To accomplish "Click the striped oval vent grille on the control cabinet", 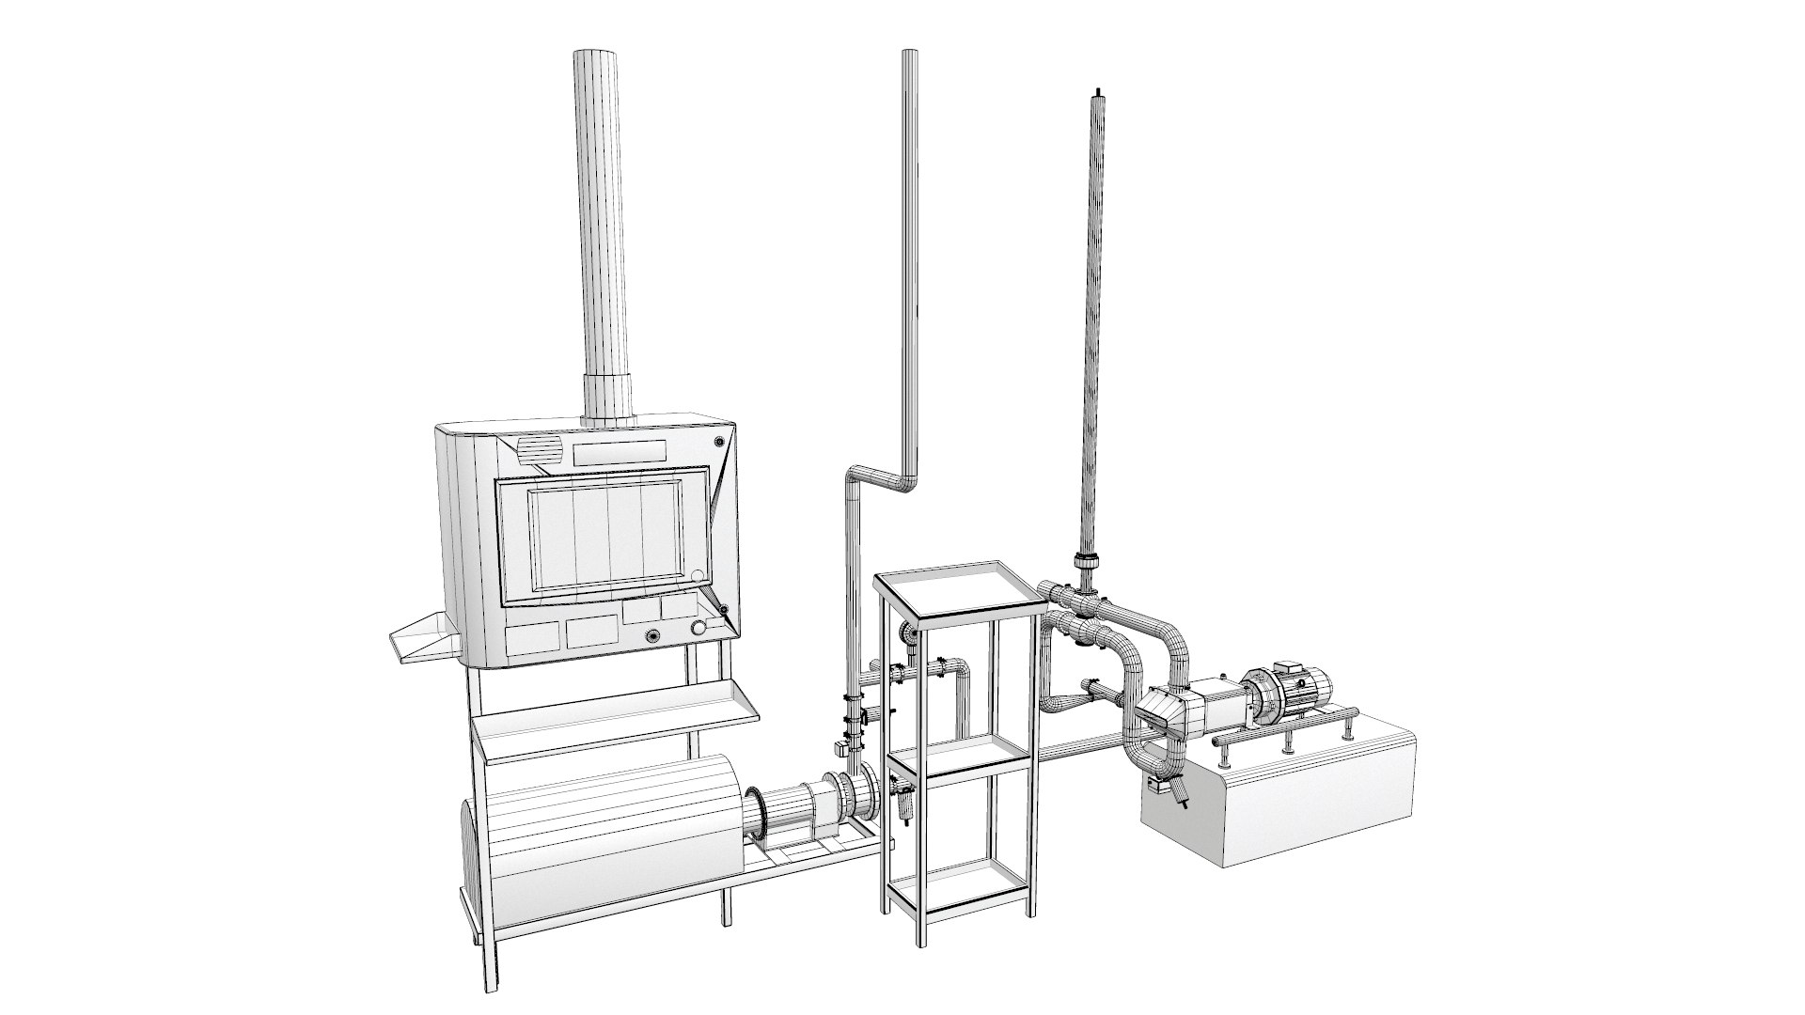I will coord(540,451).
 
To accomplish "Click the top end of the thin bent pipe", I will coord(909,55).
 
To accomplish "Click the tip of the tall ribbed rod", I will coord(1096,92).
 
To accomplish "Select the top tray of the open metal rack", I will coord(959,592).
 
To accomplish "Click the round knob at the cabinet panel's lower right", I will coord(698,629).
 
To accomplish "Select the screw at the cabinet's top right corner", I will coord(720,442).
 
